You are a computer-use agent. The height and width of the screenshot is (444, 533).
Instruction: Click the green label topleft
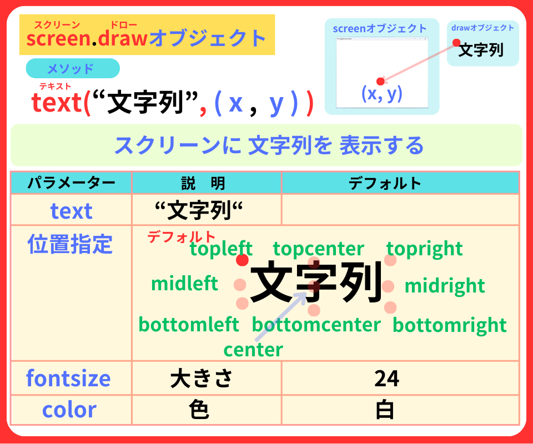point(221,249)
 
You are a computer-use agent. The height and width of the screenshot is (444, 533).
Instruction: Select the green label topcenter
point(318,249)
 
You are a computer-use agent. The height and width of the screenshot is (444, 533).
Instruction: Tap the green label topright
point(424,249)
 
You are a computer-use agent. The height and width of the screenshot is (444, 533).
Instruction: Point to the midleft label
point(184,284)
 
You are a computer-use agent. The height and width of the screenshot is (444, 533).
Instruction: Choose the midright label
point(444,286)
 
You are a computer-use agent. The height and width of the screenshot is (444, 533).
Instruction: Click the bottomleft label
point(189,324)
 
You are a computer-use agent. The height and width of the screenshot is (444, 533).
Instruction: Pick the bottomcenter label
point(316,325)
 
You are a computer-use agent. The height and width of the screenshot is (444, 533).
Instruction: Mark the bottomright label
point(449,325)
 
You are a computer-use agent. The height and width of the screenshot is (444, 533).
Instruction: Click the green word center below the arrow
point(253,350)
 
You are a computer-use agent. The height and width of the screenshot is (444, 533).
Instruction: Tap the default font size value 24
point(386,379)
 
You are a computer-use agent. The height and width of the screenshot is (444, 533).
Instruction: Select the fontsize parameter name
point(68,379)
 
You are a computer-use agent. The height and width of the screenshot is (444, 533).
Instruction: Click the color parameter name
point(69,410)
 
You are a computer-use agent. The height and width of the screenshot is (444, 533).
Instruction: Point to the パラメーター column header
point(71,183)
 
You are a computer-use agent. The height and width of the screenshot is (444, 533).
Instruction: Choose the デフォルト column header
point(385,183)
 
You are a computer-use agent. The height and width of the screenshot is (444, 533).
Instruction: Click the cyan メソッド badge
point(73,68)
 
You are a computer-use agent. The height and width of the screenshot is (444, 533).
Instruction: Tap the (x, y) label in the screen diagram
point(381,94)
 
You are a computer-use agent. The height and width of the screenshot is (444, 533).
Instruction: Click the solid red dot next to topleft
point(242,260)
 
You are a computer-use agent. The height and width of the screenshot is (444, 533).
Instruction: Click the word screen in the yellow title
point(58,38)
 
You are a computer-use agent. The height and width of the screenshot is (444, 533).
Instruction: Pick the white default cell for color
point(385,410)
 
